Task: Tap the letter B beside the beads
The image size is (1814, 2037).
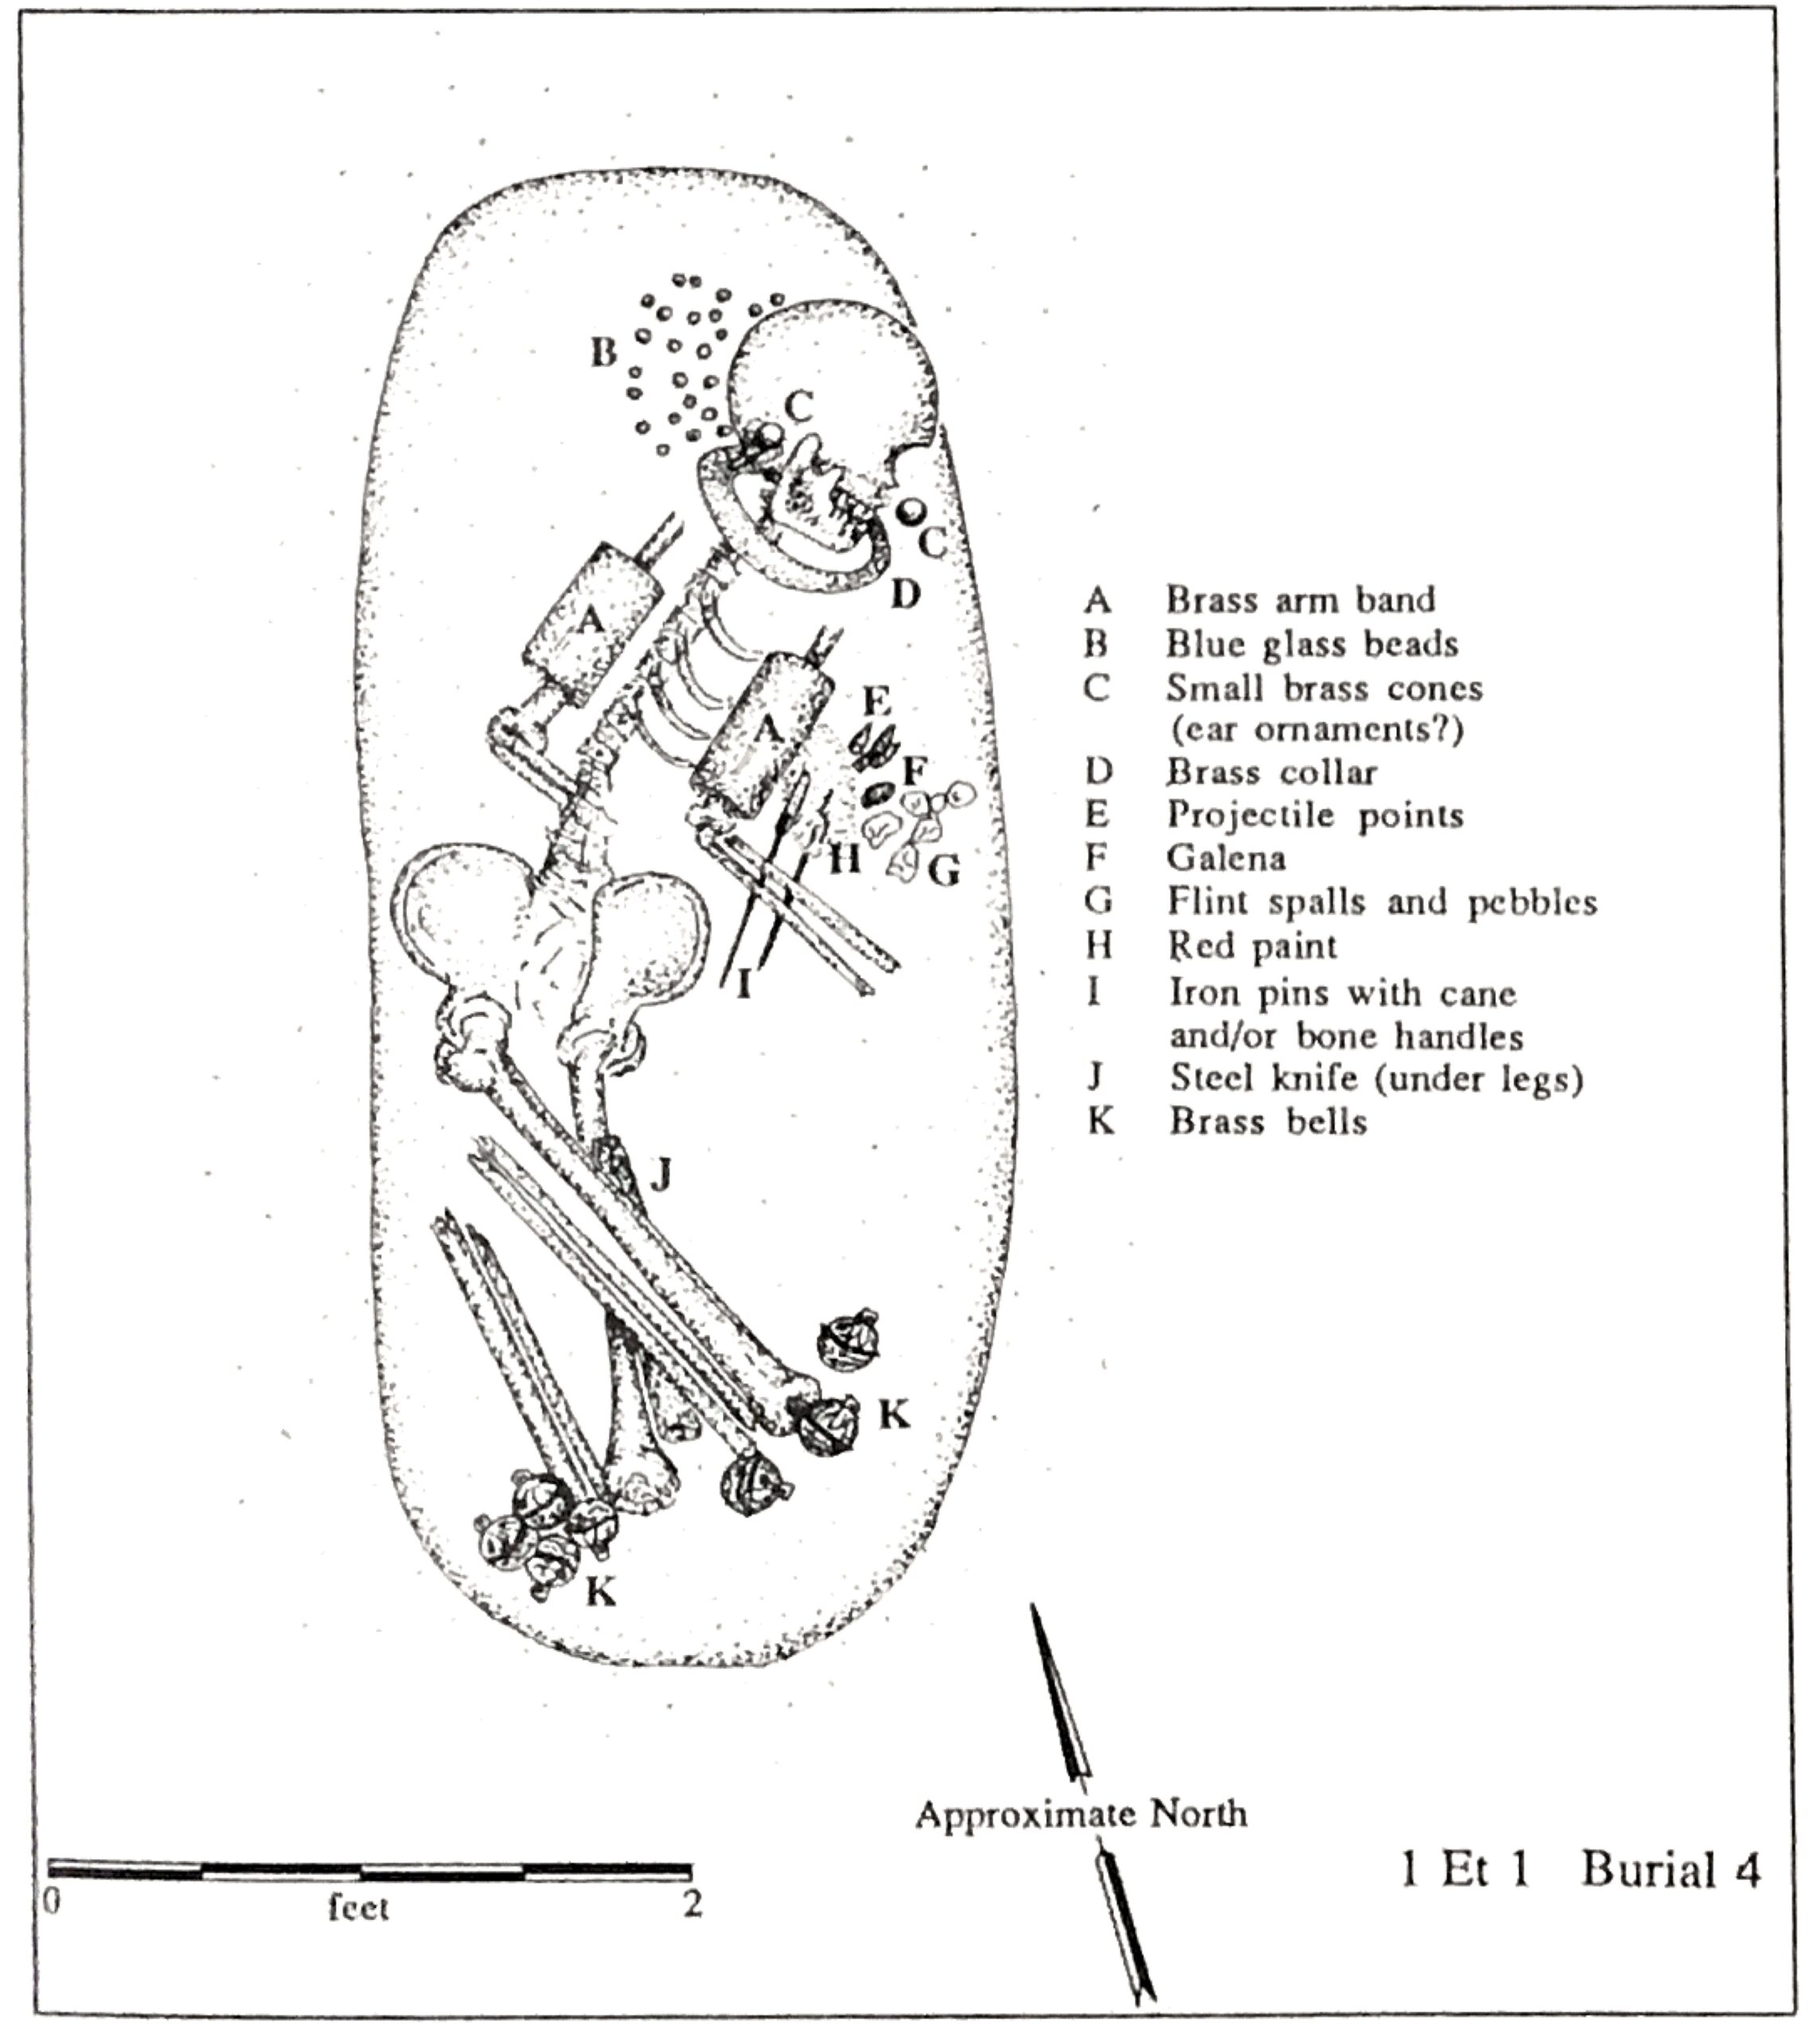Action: click(x=603, y=352)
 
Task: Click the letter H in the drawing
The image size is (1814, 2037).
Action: click(x=844, y=858)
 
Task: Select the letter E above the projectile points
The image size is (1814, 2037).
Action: click(x=875, y=700)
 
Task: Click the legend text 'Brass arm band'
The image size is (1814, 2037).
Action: click(x=1301, y=600)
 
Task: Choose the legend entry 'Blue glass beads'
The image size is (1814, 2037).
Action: click(x=1312, y=644)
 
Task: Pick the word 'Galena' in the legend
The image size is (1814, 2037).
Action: click(x=1226, y=858)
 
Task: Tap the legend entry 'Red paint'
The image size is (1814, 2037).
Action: click(x=1252, y=944)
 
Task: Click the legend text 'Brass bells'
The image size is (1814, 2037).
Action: click(x=1267, y=1121)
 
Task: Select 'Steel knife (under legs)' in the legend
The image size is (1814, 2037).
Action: click(x=1376, y=1078)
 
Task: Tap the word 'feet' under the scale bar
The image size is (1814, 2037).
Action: click(x=358, y=1907)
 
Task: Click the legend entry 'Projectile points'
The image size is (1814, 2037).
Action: click(x=1316, y=816)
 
